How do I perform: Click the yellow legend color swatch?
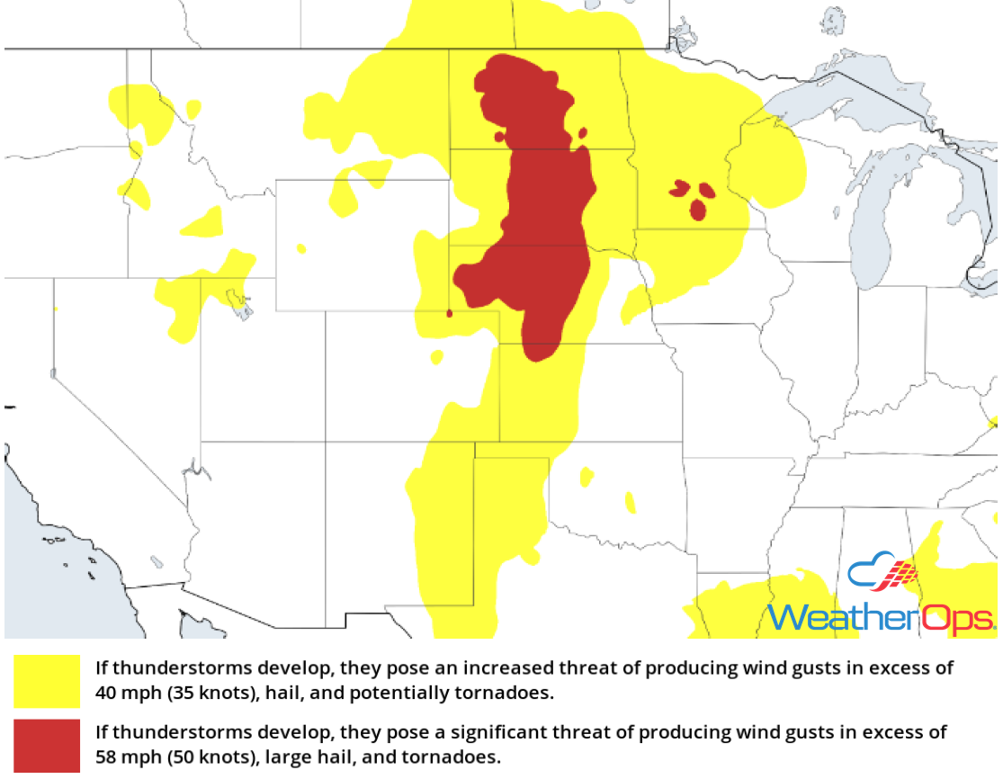(x=47, y=681)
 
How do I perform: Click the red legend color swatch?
(x=47, y=745)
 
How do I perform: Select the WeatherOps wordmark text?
(x=882, y=618)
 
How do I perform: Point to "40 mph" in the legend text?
(x=124, y=694)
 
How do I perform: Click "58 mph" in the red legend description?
(x=124, y=757)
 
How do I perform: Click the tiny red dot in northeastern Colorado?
(x=449, y=313)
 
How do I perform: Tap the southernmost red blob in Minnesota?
(x=698, y=210)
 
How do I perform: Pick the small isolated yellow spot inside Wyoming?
(x=300, y=247)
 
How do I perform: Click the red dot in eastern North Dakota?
(x=583, y=133)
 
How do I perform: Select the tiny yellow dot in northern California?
(x=56, y=309)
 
